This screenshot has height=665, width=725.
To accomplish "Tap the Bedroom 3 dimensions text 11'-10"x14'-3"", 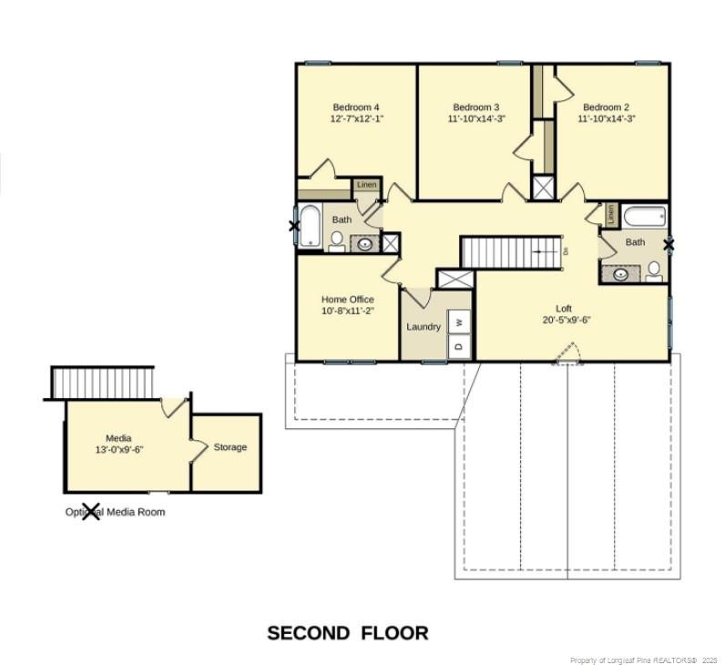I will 475,118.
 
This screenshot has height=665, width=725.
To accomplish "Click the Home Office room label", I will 347,299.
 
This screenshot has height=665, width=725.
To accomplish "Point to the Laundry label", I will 424,327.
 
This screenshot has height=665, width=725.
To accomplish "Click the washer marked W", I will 460,321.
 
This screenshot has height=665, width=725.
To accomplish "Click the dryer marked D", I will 460,346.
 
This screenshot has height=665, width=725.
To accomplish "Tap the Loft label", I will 564,308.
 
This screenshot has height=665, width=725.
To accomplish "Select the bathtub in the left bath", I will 311,226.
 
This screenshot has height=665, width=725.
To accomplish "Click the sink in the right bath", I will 622,273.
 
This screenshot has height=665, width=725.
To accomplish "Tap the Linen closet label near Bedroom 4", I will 366,185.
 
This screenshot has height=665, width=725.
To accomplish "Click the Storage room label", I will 230,447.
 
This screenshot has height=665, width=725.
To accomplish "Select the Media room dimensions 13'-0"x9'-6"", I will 119,450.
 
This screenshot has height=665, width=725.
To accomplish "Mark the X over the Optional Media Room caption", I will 91,511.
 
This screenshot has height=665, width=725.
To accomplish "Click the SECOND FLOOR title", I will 347,632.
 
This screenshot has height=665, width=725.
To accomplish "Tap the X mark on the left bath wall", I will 294,226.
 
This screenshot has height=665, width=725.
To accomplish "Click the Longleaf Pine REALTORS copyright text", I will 643,660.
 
